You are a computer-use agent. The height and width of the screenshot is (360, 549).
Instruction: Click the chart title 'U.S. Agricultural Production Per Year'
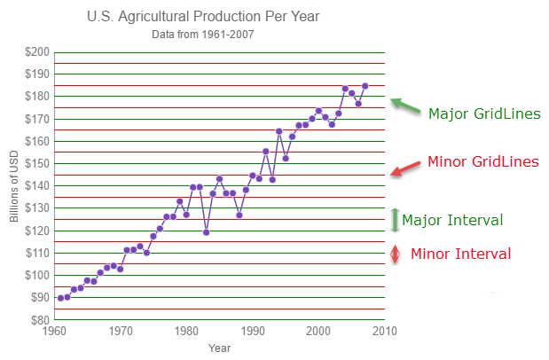pos(204,17)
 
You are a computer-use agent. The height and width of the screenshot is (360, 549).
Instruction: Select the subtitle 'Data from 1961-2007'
pos(204,35)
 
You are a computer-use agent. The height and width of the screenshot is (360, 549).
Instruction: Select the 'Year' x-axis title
pos(219,348)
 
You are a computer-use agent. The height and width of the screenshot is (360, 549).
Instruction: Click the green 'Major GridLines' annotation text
pos(484,114)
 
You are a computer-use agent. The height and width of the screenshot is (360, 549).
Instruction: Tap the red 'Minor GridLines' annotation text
pos(482,162)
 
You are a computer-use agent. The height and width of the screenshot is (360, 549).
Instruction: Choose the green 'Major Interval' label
pos(452,220)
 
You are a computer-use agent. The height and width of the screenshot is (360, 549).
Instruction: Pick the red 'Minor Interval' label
pos(460,254)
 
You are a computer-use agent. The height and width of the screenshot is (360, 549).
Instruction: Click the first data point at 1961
pos(60,298)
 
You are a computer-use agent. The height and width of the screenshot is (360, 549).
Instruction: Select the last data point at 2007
pos(365,86)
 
